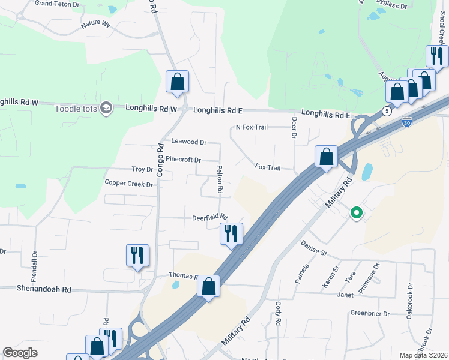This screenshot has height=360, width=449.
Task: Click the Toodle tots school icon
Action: point(106,108)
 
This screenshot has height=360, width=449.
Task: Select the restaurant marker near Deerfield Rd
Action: point(231,234)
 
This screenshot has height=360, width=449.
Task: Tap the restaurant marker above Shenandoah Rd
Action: point(137,256)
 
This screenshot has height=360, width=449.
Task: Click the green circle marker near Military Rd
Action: point(357,212)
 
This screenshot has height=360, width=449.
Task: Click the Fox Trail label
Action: point(268,167)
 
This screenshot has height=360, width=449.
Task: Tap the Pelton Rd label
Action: point(220,179)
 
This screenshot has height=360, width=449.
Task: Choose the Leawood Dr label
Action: point(189,142)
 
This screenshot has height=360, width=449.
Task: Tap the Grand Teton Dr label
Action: point(57,4)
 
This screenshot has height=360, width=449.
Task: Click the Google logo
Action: point(20,353)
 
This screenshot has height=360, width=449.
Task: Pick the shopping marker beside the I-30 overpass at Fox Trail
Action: point(325,158)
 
